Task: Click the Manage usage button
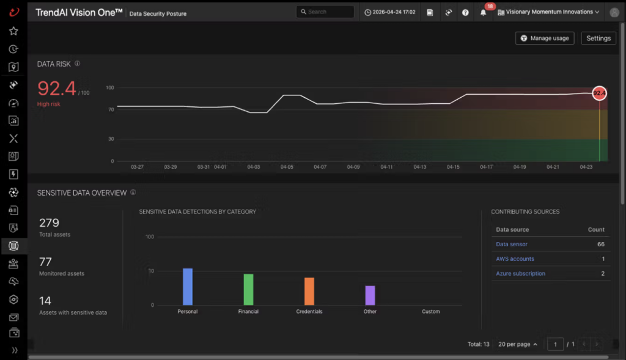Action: tap(545, 39)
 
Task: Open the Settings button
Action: tap(598, 39)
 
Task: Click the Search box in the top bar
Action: tap(325, 12)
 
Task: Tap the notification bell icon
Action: tap(483, 12)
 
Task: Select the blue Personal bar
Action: tap(188, 287)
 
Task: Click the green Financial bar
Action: tap(248, 289)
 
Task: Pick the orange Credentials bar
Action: tap(309, 292)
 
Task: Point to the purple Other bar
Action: tap(370, 295)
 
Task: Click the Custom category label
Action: tap(431, 311)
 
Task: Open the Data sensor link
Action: tap(512, 244)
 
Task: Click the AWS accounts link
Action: tap(515, 259)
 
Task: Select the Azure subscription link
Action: tap(520, 273)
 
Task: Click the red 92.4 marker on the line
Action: tap(599, 94)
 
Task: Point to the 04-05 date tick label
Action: tap(287, 167)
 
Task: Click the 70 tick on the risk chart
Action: tap(111, 110)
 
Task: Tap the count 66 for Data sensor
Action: tap(601, 244)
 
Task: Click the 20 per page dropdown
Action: tap(518, 344)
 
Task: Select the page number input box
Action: tap(555, 344)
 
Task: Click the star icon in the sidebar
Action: tap(13, 31)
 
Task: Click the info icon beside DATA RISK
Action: tap(78, 64)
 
